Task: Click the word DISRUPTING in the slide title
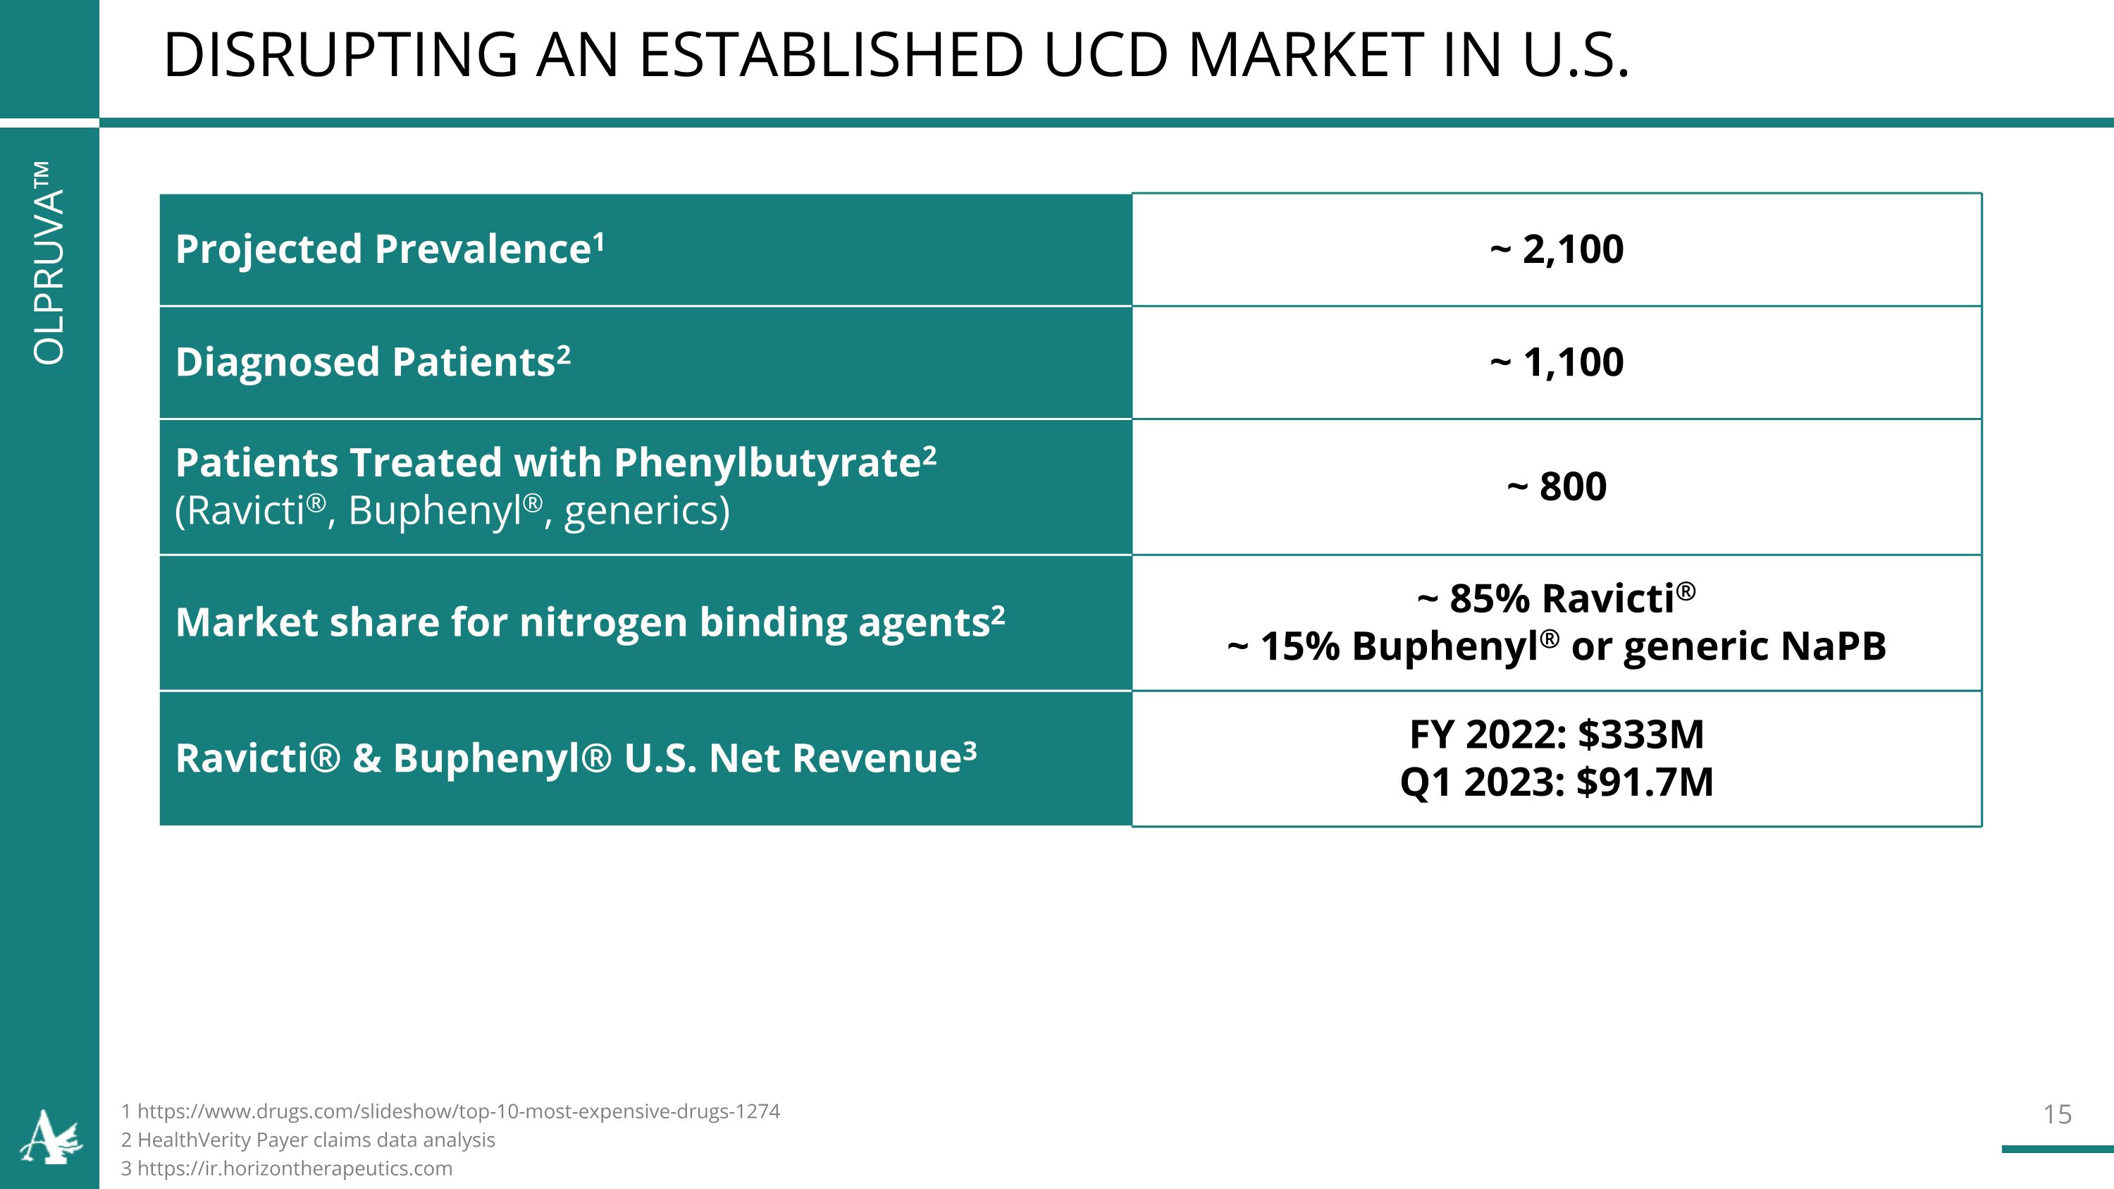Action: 340,56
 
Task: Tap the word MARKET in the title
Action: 1305,56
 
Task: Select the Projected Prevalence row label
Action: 390,249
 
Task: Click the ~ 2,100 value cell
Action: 1556,249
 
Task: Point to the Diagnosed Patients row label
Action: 373,362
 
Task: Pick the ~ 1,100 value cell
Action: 1556,362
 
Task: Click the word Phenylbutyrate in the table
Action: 767,463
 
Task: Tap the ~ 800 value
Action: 1556,486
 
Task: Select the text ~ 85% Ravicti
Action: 1556,598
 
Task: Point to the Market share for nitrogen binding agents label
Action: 589,622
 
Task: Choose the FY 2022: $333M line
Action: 1556,734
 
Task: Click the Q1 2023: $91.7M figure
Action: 1556,782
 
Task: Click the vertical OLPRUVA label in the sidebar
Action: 49,263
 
